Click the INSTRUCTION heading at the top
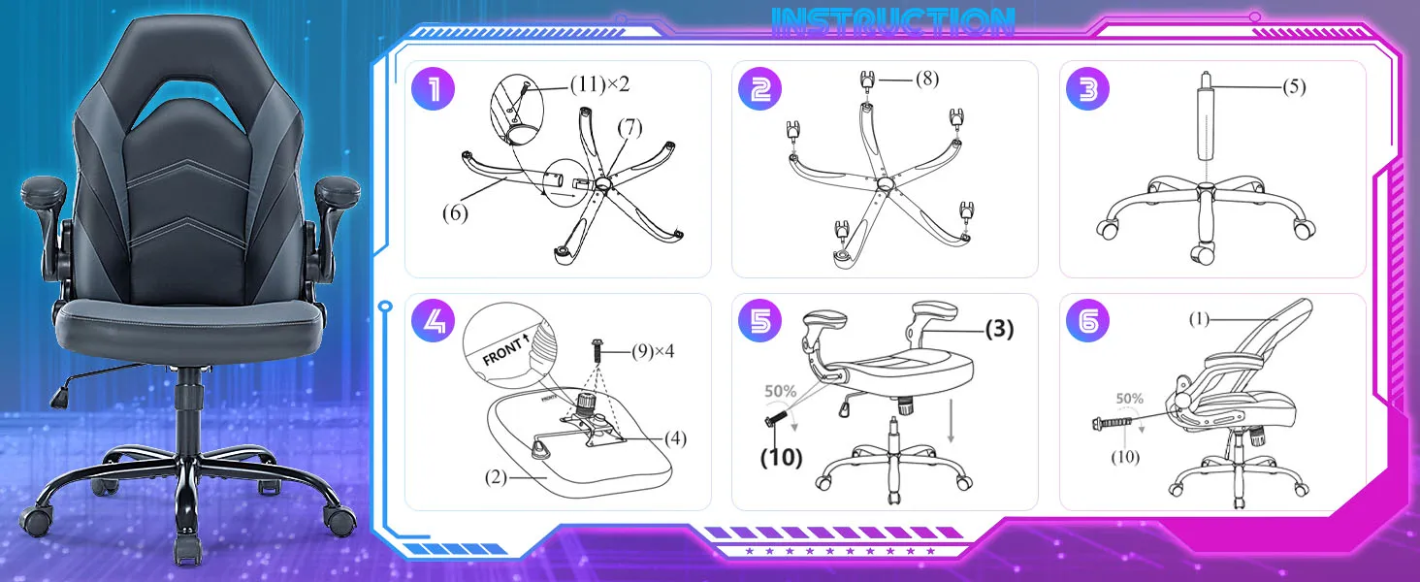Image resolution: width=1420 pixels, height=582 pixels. (x=893, y=21)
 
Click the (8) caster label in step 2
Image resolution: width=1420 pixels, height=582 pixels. (x=925, y=79)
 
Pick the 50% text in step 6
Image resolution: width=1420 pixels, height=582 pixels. (x=1129, y=398)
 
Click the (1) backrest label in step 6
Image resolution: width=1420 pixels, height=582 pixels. (x=1200, y=319)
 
